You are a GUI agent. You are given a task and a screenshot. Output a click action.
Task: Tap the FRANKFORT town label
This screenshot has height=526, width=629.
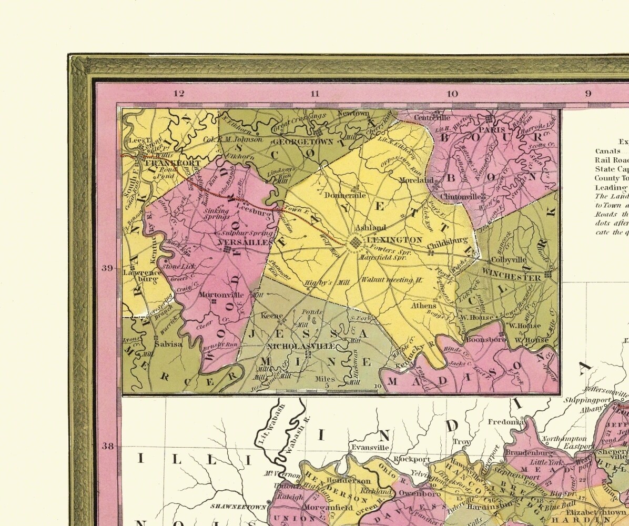pyautogui.click(x=166, y=164)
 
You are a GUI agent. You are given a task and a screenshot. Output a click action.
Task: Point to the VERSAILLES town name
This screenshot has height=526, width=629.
pyautogui.click(x=245, y=241)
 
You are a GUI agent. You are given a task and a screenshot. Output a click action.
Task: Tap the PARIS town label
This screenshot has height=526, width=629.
pyautogui.click(x=491, y=129)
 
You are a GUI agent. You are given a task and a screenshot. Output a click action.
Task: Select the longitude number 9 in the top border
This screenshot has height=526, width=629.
pyautogui.click(x=588, y=94)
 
